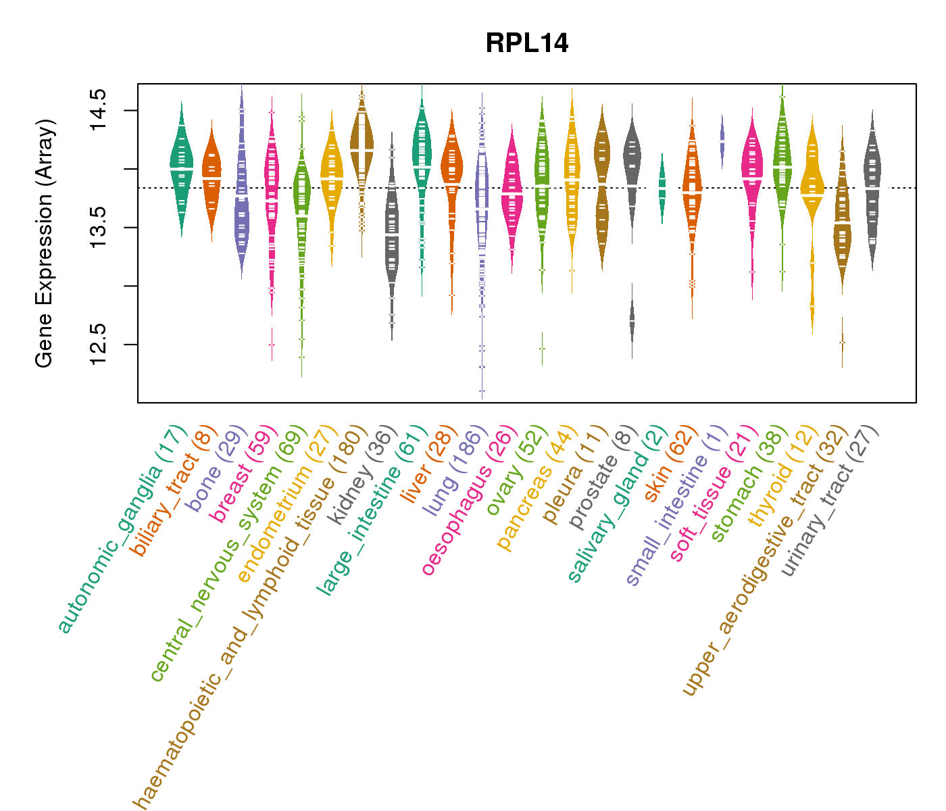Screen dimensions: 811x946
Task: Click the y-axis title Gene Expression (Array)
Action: [45, 243]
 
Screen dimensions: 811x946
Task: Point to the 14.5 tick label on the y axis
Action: [99, 110]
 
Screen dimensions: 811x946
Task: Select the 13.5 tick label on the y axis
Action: [99, 227]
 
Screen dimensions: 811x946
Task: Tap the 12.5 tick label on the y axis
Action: [99, 344]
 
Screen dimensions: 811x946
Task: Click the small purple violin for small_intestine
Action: [722, 142]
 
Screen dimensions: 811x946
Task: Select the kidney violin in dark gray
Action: [392, 237]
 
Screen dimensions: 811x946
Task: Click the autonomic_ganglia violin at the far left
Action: [182, 169]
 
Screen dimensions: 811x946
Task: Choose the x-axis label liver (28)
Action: [420, 466]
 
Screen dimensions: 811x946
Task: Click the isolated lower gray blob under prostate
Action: [632, 321]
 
